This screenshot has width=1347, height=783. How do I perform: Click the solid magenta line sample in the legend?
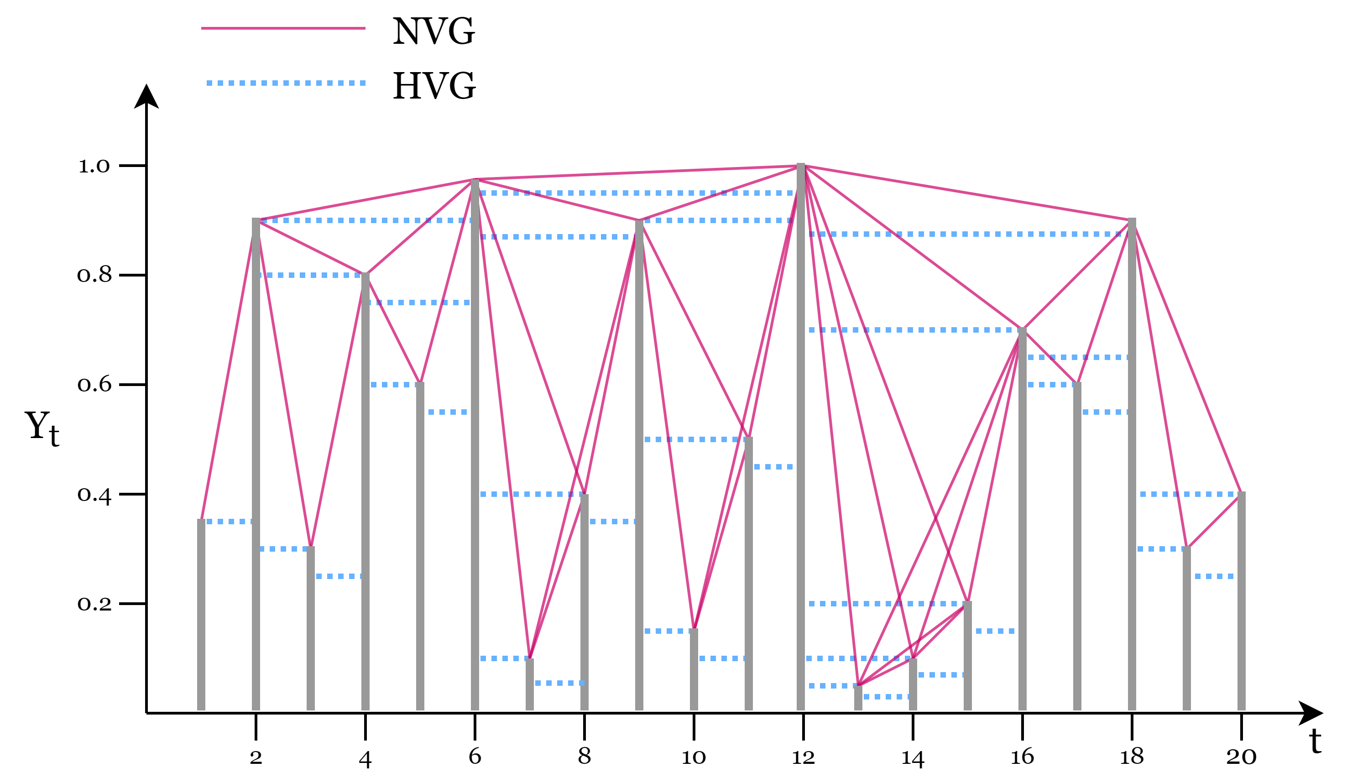tap(283, 28)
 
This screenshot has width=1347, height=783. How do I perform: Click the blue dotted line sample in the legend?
tap(286, 83)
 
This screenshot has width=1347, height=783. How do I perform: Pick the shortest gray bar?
tap(858, 698)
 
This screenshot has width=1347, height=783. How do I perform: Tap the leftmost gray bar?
tap(201, 615)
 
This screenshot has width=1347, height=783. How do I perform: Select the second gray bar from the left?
tap(256, 465)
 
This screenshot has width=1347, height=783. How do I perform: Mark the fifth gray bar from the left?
tap(420, 545)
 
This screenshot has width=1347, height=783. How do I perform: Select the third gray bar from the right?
tap(1132, 465)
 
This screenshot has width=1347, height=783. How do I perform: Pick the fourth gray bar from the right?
tap(1077, 545)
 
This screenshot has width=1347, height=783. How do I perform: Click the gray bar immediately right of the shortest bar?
tap(913, 684)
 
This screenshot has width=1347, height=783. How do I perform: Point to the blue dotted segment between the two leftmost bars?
tap(229, 522)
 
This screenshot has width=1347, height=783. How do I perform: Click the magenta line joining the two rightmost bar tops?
tap(1214, 521)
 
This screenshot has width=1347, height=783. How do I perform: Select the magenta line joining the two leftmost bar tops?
tap(229, 369)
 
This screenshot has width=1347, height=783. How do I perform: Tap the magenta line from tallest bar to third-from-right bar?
tap(966, 193)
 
